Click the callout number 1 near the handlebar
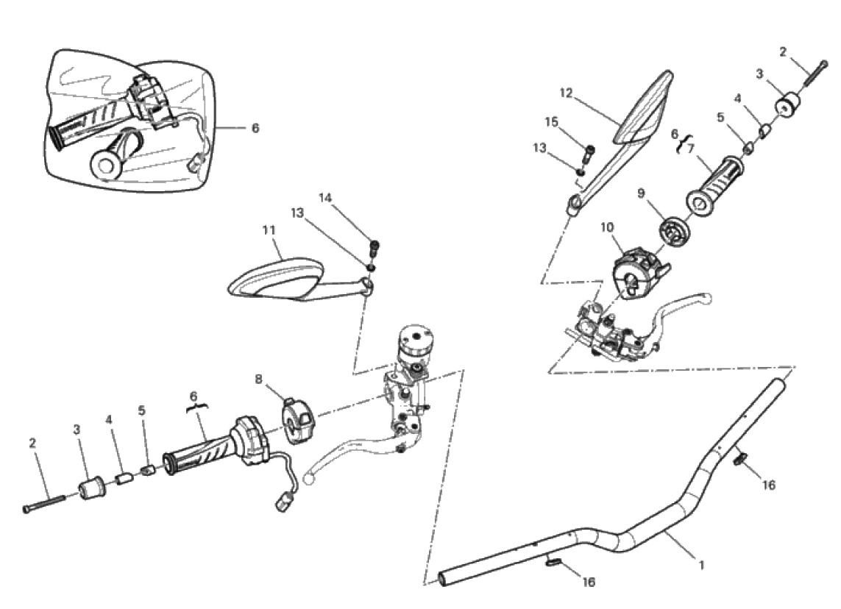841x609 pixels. tap(701, 564)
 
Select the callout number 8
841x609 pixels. tap(258, 380)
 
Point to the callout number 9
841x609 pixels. tap(642, 193)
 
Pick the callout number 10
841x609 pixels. tap(606, 227)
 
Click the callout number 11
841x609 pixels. tap(269, 230)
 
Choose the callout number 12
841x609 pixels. tap(566, 93)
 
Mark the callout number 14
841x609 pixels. tap(325, 198)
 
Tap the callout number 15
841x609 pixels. tap(552, 121)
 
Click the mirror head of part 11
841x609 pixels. tap(274, 277)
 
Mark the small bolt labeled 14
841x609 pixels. tap(375, 248)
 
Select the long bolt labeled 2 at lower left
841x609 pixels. tap(44, 503)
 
